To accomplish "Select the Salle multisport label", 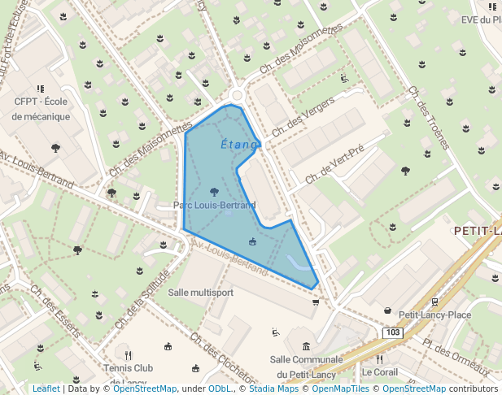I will click(201, 292).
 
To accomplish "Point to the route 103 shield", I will click(393, 333).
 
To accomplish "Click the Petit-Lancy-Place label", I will click(434, 315).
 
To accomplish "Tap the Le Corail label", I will click(379, 372).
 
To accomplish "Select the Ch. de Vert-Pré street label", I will click(334, 162).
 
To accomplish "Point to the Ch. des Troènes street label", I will click(429, 119).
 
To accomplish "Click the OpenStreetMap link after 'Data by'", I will click(145, 389).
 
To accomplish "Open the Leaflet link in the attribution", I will click(46, 389).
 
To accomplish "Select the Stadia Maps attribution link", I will click(273, 389).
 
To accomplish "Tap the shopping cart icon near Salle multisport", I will click(316, 302).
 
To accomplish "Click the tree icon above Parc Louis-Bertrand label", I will click(214, 192).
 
